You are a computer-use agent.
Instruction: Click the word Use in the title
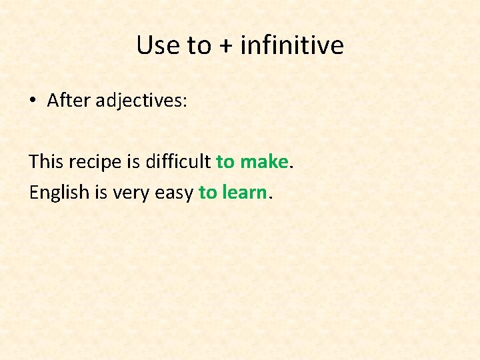pyautogui.click(x=158, y=45)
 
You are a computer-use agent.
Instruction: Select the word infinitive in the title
pyautogui.click(x=292, y=45)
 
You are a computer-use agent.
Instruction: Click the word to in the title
pyautogui.click(x=199, y=46)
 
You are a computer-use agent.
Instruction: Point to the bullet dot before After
pyautogui.click(x=32, y=101)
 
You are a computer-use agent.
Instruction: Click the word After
pyautogui.click(x=69, y=101)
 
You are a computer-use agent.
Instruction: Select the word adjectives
pyautogui.click(x=141, y=101)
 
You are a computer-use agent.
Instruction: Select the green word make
pyautogui.click(x=263, y=161)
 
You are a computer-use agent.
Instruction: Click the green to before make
pyautogui.click(x=225, y=162)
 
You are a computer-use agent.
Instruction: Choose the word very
pyautogui.click(x=129, y=193)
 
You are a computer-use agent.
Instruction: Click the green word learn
pyautogui.click(x=244, y=192)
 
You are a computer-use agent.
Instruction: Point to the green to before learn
pyautogui.click(x=207, y=193)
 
